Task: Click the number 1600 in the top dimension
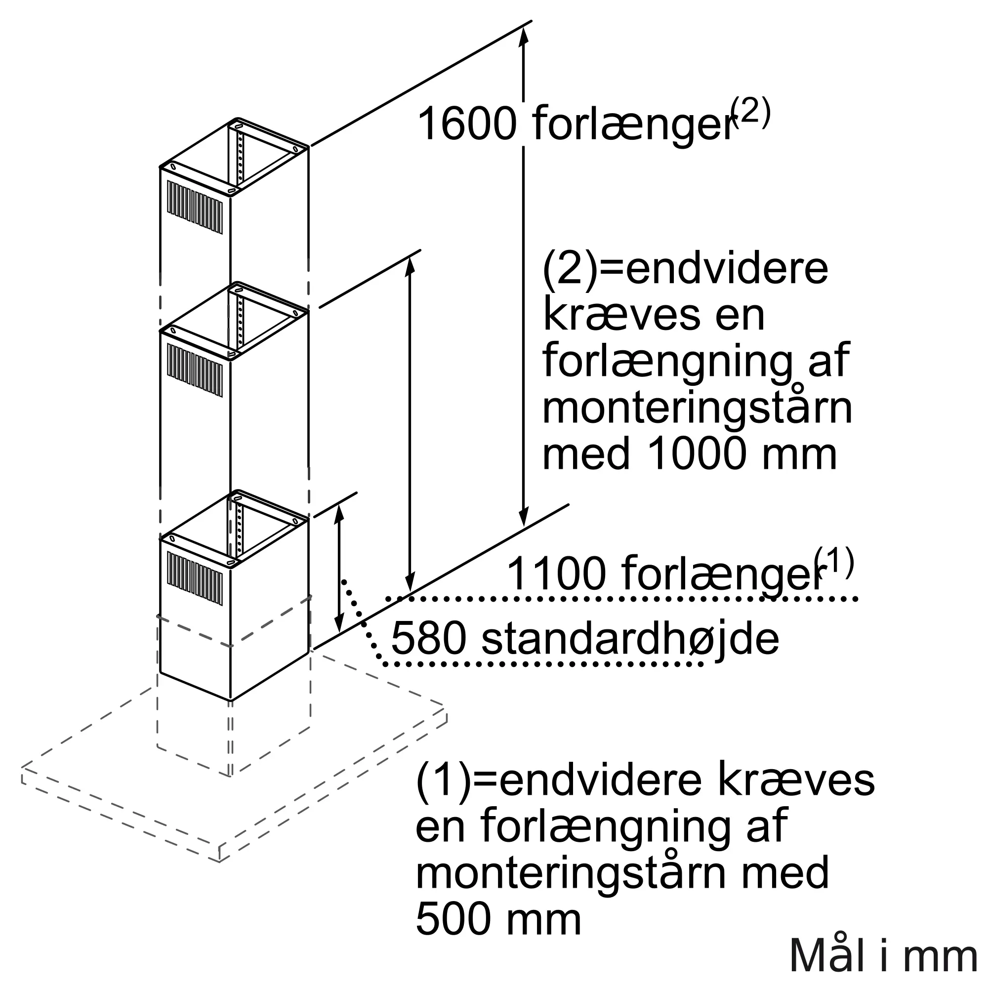[466, 124]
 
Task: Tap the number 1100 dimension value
[555, 574]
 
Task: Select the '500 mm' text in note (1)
[498, 919]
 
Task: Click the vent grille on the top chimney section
[195, 207]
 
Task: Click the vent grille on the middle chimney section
[195, 370]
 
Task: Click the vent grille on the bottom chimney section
[195, 578]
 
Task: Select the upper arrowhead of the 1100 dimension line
[410, 266]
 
